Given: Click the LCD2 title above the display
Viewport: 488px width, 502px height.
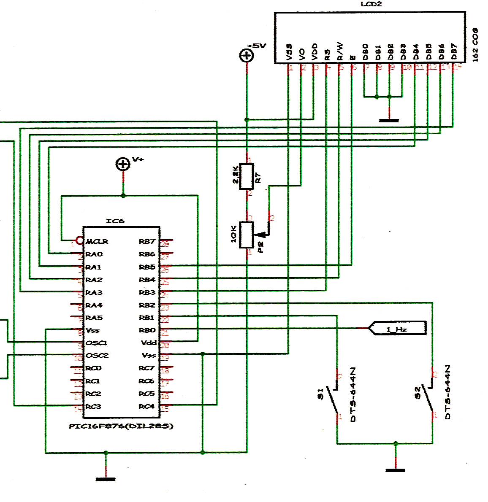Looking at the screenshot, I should tap(371, 4).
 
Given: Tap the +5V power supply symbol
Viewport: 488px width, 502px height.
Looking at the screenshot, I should tap(247, 55).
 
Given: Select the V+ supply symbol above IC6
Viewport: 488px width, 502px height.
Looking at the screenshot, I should tap(123, 164).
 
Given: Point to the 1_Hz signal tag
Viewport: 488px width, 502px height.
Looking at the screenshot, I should tap(397, 328).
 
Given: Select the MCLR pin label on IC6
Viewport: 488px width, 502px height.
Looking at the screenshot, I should tap(97, 242).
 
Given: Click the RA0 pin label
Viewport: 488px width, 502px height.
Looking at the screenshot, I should tap(94, 254).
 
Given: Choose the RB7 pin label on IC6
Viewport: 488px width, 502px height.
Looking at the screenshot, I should tap(147, 242).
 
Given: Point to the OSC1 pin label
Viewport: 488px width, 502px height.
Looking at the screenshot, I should tap(97, 343).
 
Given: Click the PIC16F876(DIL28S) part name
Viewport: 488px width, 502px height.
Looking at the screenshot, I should tap(121, 426).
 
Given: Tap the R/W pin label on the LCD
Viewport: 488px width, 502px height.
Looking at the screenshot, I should tap(340, 51).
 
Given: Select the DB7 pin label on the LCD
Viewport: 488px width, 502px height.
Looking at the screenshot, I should tap(454, 51).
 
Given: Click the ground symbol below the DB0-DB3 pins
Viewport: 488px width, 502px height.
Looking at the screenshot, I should tap(389, 120).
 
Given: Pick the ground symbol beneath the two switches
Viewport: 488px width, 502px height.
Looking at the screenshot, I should tap(396, 470).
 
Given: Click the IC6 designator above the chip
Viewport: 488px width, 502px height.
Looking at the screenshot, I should tap(115, 221).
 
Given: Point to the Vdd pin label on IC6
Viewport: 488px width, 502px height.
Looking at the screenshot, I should tap(149, 343).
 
